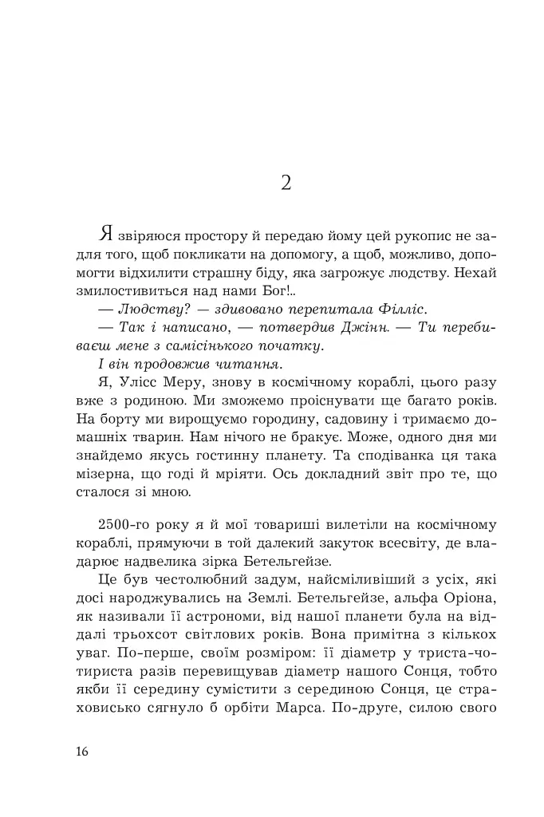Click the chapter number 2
(286, 183)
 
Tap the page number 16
(84, 752)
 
